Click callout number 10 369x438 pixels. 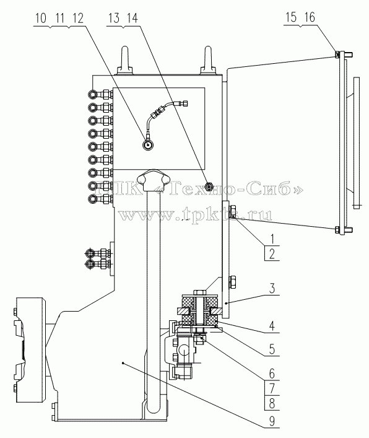click(41, 19)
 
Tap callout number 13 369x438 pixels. click(114, 19)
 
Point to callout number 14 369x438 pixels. click(132, 19)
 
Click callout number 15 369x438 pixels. click(291, 17)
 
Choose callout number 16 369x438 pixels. click(310, 17)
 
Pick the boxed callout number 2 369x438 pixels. click(272, 253)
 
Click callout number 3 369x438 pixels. click(272, 288)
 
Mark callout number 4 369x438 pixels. click(272, 326)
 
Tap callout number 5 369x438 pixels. click(272, 349)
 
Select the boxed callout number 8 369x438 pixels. click(272, 403)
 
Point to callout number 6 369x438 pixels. click(272, 374)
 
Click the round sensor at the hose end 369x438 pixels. click(147, 145)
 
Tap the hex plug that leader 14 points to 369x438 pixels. click(208, 186)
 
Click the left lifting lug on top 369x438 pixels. click(126, 61)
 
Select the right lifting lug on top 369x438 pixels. click(208, 61)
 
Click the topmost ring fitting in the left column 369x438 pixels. click(93, 94)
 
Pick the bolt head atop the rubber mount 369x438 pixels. click(199, 292)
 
